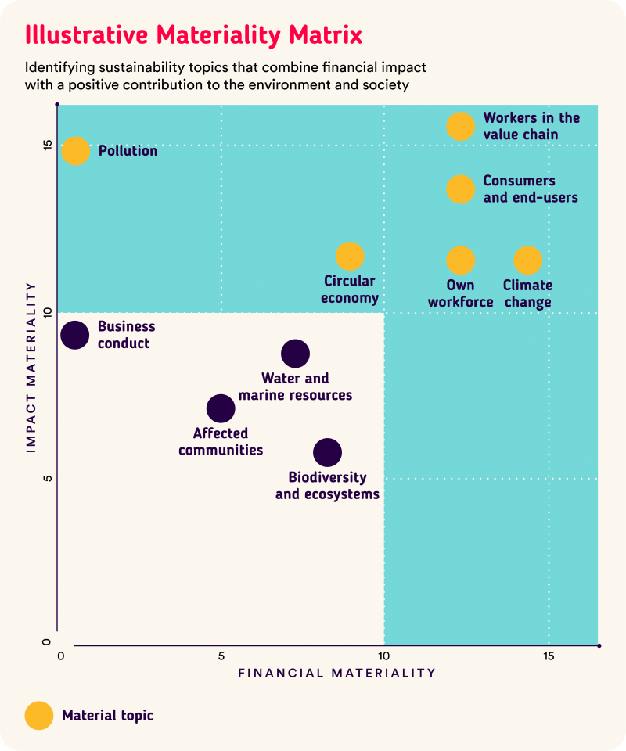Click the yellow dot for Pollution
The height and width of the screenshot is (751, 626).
[x=75, y=150]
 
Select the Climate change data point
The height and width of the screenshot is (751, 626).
[x=528, y=261]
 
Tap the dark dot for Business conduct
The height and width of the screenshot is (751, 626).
[x=74, y=335]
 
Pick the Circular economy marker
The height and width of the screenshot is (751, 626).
[x=350, y=256]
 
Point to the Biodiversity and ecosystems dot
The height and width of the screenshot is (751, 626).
[x=327, y=451]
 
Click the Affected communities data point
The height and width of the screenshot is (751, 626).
[x=221, y=408]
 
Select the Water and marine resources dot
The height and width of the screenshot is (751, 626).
[x=295, y=354]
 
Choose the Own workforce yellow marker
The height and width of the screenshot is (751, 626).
[x=461, y=261]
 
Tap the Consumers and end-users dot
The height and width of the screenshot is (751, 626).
[x=461, y=189]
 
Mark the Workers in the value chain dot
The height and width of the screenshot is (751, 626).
[x=461, y=126]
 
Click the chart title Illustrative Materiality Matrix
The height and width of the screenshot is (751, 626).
[x=193, y=35]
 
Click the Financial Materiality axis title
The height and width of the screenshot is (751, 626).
[x=336, y=673]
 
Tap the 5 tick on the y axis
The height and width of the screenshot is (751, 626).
[x=47, y=478]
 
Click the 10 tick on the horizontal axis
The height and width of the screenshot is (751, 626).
[x=383, y=656]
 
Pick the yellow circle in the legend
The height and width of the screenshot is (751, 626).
[x=39, y=715]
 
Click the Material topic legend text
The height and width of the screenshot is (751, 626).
[x=108, y=715]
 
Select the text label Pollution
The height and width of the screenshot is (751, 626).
[x=128, y=151]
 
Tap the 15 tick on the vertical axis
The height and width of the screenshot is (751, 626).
[x=47, y=145]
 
